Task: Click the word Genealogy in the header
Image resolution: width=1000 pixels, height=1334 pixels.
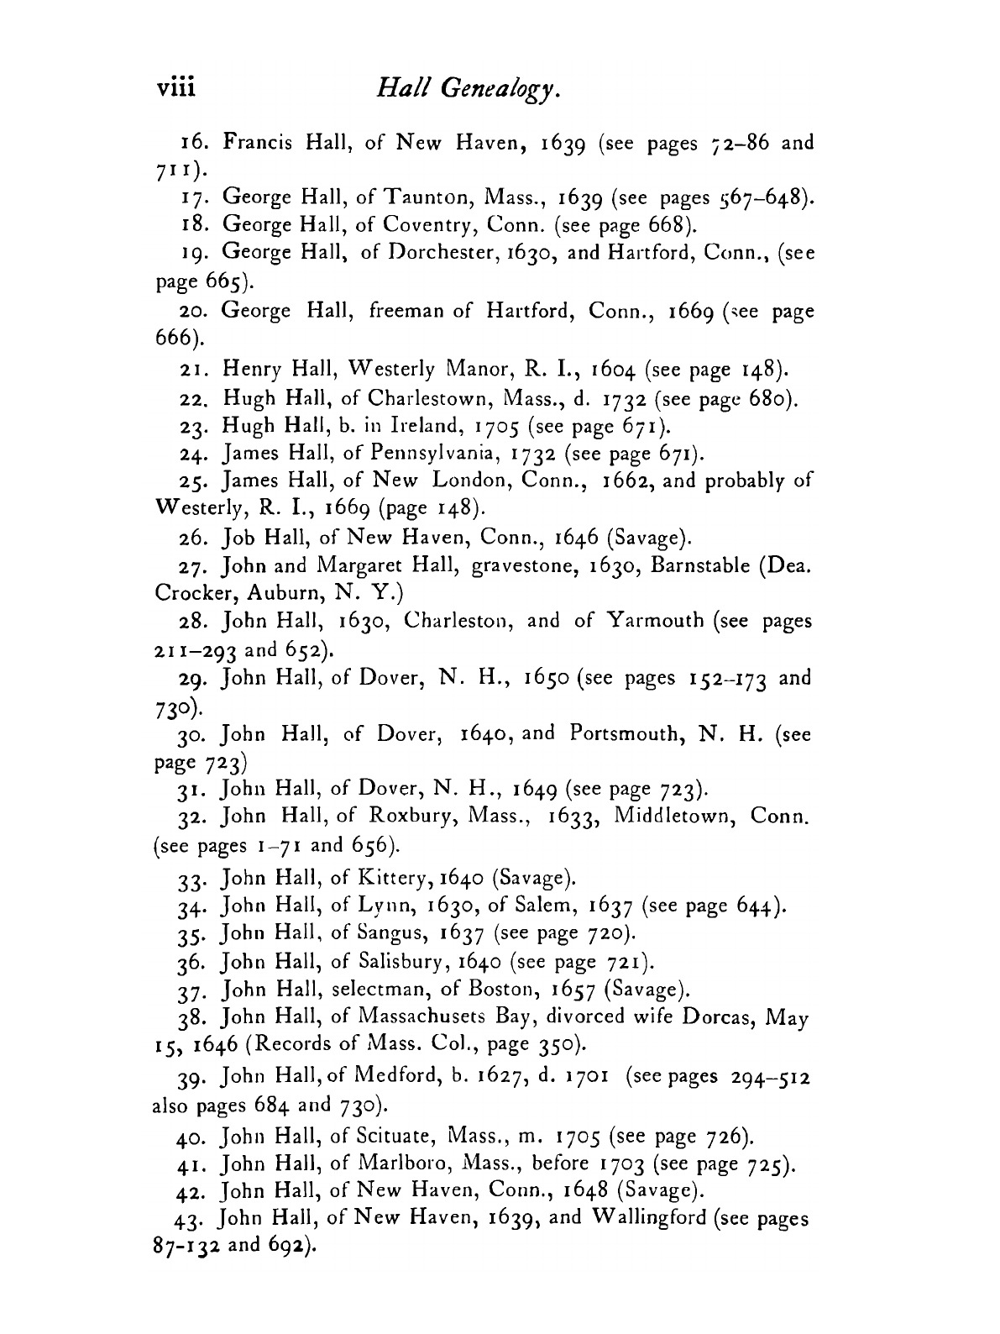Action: (490, 90)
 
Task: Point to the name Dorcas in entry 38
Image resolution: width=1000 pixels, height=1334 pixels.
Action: (712, 1017)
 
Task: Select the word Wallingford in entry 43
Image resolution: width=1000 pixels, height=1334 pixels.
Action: (642, 1217)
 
